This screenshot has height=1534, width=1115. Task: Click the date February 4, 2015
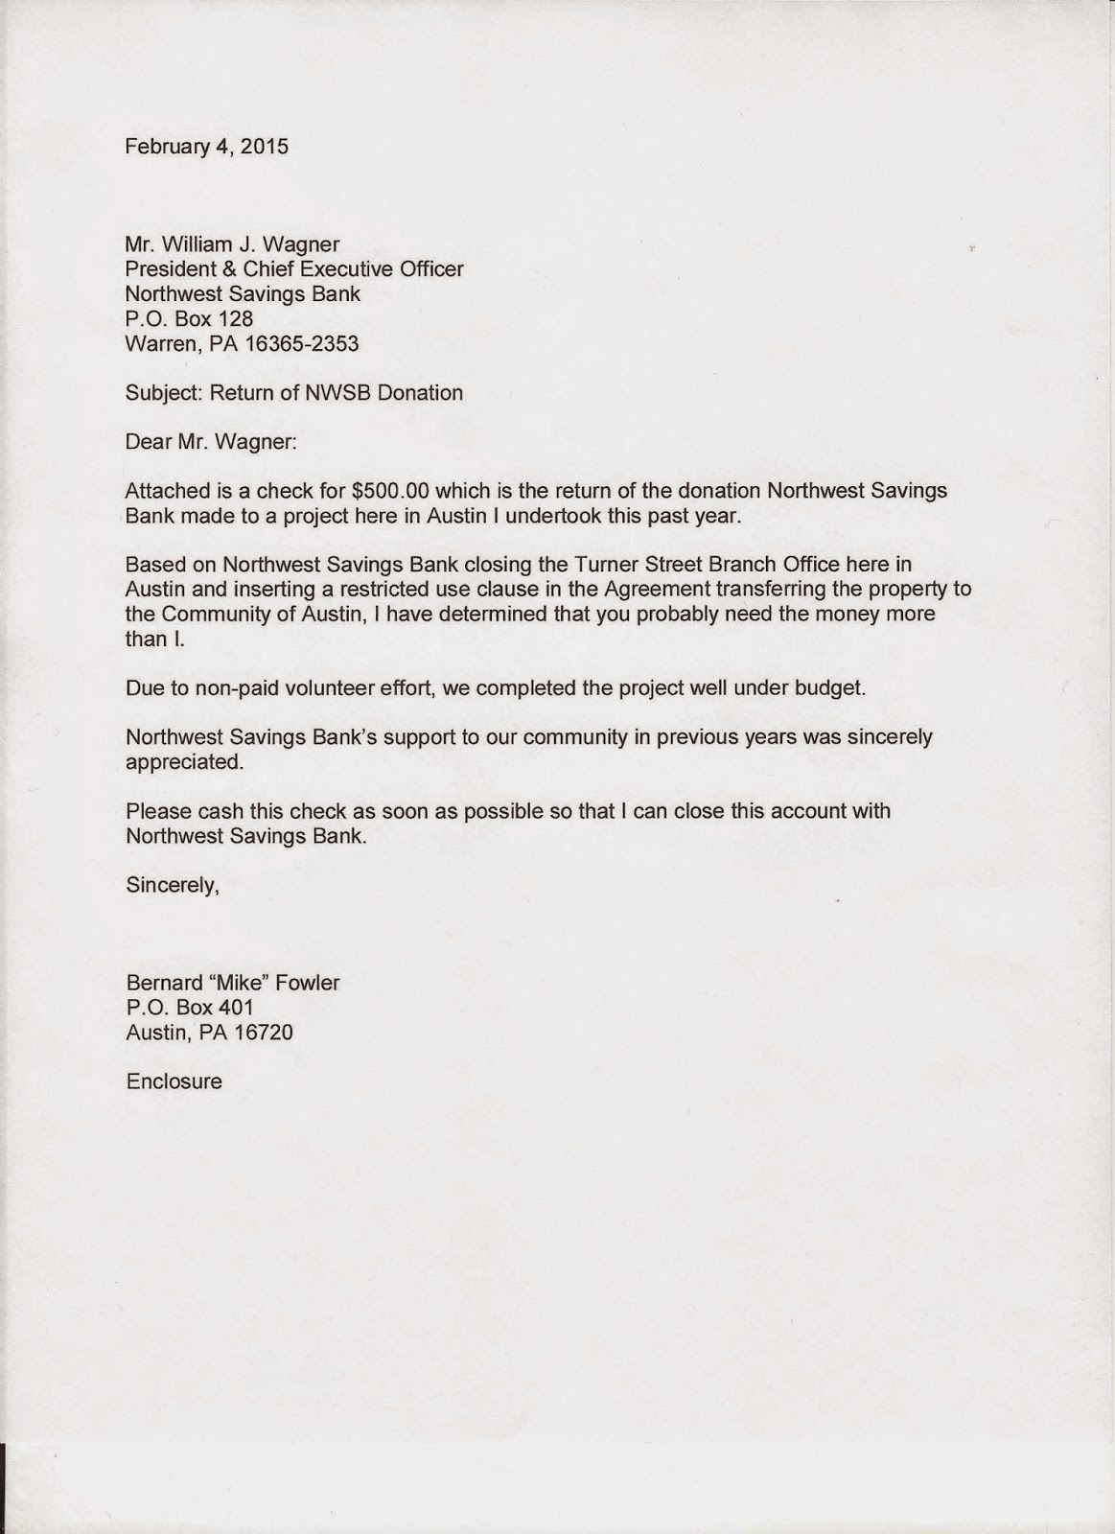(x=206, y=147)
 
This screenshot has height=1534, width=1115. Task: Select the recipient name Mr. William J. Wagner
(x=232, y=244)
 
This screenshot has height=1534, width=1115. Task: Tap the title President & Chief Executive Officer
(x=294, y=269)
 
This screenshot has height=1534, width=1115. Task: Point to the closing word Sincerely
(x=173, y=885)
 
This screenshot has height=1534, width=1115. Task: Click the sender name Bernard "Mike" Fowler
(x=232, y=983)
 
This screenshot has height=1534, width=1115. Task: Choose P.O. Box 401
(x=189, y=1008)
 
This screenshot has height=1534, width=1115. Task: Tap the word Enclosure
(x=174, y=1081)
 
